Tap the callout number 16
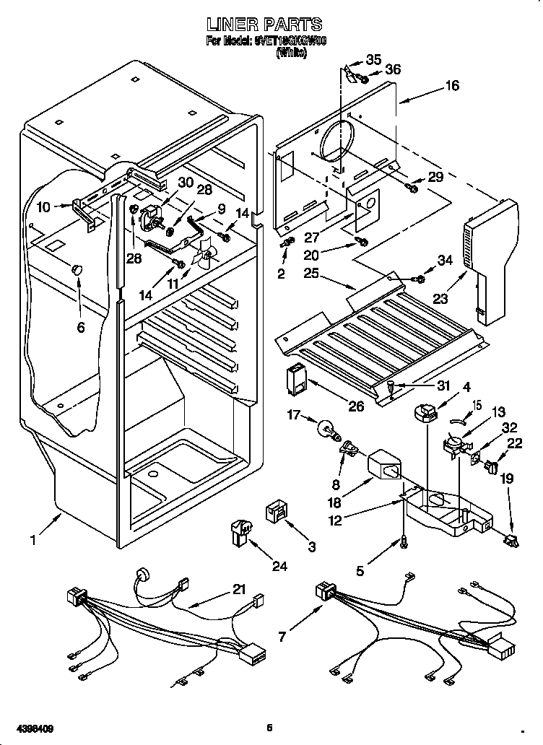(451, 85)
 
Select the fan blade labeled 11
(207, 253)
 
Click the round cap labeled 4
(426, 414)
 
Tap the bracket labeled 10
(84, 214)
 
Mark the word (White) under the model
(291, 53)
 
